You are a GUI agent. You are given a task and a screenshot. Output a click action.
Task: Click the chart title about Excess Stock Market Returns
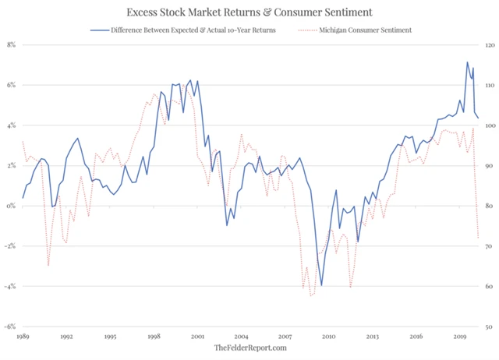249,12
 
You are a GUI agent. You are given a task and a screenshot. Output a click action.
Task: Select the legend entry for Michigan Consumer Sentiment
366,30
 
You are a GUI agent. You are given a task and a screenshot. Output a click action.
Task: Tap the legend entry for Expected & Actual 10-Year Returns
198,30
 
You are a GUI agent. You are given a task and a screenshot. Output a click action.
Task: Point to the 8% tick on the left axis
11,44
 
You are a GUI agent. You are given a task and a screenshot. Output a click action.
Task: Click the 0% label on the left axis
11,206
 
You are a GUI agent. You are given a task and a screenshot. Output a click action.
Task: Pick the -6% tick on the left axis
10,326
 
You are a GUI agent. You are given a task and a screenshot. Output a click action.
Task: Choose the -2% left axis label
10,246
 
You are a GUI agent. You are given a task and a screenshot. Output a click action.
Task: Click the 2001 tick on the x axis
197,337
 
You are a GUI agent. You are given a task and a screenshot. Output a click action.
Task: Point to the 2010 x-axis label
328,337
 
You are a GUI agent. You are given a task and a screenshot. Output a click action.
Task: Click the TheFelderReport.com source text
250,348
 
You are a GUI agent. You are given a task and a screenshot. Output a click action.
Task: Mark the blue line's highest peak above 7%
467,62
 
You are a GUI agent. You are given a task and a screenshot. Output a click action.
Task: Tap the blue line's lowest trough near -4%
321,286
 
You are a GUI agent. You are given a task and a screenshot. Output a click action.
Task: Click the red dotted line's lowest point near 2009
310,296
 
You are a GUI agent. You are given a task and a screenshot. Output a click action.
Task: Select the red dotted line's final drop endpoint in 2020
478,238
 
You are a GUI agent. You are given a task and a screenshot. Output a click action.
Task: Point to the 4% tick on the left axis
11,125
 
